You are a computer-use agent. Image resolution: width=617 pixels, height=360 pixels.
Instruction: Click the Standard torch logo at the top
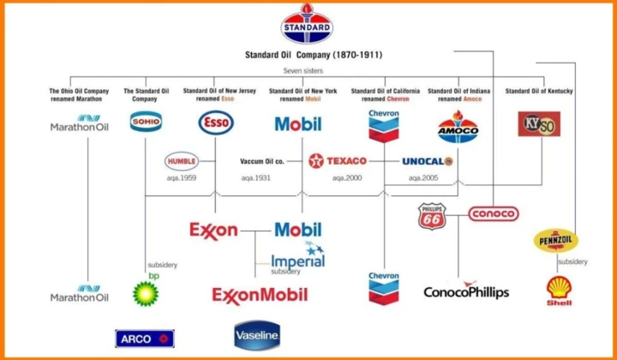pos(307,24)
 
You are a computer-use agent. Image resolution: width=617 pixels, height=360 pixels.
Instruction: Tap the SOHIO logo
pos(146,122)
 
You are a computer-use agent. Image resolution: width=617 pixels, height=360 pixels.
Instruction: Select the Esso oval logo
pos(216,123)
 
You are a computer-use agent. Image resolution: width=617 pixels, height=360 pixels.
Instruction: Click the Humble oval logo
pos(182,161)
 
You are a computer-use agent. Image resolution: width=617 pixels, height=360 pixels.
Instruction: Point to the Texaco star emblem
pos(316,161)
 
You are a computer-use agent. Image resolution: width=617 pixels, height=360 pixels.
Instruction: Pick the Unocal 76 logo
pos(428,161)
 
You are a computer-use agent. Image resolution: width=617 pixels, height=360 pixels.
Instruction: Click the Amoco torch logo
pos(458,127)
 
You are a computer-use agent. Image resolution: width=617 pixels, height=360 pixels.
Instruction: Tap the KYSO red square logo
pos(539,124)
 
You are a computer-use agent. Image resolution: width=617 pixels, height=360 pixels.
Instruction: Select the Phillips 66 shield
pos(432,216)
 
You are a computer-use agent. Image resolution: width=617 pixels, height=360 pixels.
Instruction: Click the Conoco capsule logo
pos(494,213)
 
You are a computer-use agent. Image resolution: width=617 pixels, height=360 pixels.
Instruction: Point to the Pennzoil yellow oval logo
pos(555,240)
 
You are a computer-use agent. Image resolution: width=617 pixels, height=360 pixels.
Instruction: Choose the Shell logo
pos(559,291)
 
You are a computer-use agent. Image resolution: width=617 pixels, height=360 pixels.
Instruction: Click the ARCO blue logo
pos(145,339)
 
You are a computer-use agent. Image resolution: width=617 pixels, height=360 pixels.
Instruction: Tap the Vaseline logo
pos(257,336)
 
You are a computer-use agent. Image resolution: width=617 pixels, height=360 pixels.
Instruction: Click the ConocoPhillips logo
pos(466,290)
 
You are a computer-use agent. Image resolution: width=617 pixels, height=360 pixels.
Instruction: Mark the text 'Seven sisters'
pos(303,71)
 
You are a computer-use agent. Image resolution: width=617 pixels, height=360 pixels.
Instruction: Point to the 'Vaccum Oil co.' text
pos(262,161)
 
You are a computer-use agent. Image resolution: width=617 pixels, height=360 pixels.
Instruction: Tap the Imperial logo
pos(298,255)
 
